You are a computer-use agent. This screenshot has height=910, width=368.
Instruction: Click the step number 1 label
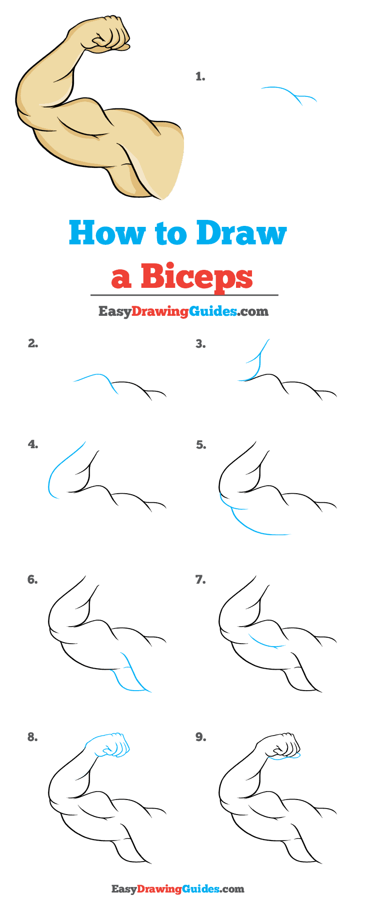coord(200,76)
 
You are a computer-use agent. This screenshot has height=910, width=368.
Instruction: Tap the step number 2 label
coord(33,343)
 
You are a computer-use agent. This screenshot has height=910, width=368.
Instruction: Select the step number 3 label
coord(200,344)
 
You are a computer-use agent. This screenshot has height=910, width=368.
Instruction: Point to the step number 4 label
coord(33,444)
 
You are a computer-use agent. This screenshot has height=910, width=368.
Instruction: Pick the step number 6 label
coord(32,580)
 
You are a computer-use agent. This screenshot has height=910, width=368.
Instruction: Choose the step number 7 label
coord(200,580)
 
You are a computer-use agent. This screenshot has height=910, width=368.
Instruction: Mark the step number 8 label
coord(32,737)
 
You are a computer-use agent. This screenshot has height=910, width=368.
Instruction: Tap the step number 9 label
coord(200,737)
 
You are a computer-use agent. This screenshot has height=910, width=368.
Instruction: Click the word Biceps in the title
coord(196,276)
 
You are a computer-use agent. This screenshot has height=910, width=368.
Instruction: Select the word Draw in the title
coord(241,233)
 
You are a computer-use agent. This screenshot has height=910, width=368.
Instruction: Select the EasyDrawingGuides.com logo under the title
coord(183,311)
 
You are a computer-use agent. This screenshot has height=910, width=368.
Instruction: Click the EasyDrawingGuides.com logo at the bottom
coord(177,889)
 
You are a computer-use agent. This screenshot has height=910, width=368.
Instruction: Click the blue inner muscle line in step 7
coord(265,643)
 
